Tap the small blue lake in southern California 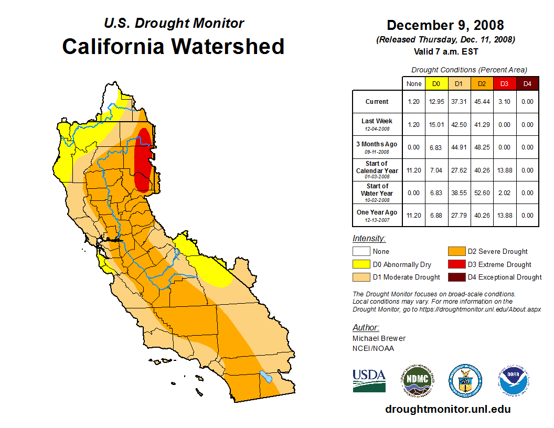(266, 377)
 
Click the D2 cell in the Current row (482, 102)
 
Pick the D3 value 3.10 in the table (505, 102)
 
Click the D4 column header (527, 83)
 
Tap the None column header (414, 83)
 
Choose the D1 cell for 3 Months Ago (459, 147)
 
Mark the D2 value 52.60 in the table (482, 193)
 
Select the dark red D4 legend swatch (456, 277)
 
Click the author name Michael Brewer (379, 338)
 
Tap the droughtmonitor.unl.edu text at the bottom (448, 409)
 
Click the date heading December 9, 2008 (445, 25)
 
